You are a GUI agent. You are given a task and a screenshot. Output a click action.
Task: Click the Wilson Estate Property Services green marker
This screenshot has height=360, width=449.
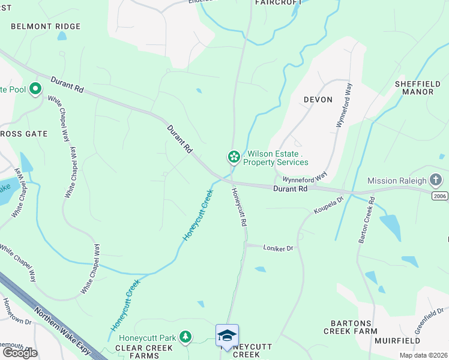(x=234, y=157)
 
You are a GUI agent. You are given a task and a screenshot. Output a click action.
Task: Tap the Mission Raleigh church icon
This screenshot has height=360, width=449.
(x=436, y=180)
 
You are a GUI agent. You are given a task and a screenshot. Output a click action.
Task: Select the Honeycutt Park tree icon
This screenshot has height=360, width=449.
(x=186, y=338)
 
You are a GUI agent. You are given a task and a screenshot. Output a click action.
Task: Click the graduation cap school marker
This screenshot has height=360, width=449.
(x=227, y=335)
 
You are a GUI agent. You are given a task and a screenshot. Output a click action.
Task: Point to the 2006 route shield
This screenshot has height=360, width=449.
(x=439, y=196)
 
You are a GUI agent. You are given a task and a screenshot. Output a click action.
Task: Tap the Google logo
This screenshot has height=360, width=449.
(x=20, y=352)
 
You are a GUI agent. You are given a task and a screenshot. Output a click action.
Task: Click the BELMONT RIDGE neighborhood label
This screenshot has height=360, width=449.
(x=46, y=26)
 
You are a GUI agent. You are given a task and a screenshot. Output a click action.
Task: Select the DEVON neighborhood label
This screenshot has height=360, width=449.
(x=318, y=100)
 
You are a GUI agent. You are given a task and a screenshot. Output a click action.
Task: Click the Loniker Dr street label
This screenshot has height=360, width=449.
(x=277, y=247)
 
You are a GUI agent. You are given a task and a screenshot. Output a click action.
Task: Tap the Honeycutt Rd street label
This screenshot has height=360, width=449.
(x=239, y=207)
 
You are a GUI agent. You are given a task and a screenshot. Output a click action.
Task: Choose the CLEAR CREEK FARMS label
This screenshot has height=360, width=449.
(x=136, y=351)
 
